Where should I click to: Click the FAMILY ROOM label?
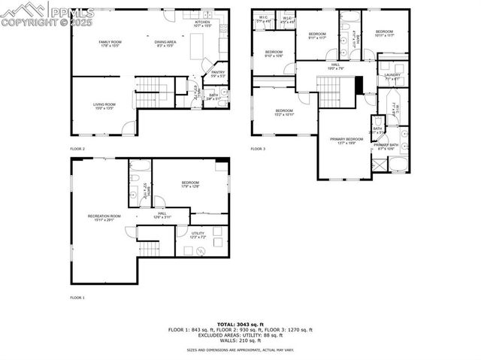[x=110, y=43]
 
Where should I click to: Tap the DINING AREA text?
[x=165, y=43]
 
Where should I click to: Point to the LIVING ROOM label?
[x=103, y=106]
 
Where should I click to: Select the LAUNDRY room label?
[x=392, y=76]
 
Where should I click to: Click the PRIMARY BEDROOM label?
[x=346, y=141]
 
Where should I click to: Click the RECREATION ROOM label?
[x=104, y=217]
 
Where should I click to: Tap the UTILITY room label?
[x=198, y=235]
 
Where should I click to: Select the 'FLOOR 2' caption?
[x=77, y=149]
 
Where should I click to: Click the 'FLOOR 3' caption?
[x=258, y=149]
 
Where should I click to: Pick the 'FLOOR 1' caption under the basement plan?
[x=77, y=298]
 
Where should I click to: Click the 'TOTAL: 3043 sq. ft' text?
[x=259, y=324]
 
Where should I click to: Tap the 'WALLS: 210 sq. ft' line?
[x=259, y=340]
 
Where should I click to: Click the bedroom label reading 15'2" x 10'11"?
[x=279, y=113]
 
